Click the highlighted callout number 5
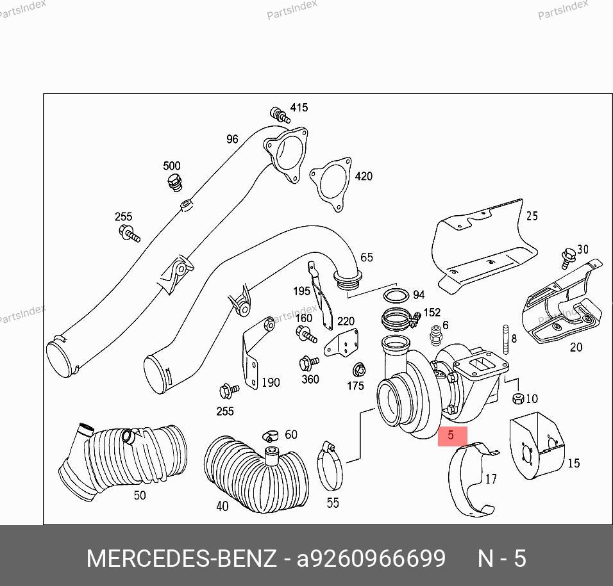(450, 435)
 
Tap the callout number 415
(299, 108)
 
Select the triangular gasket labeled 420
(331, 184)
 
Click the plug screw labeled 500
(174, 183)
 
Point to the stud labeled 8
(505, 339)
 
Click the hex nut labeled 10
(517, 398)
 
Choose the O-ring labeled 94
(396, 295)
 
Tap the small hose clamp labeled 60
(270, 435)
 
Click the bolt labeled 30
(567, 257)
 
